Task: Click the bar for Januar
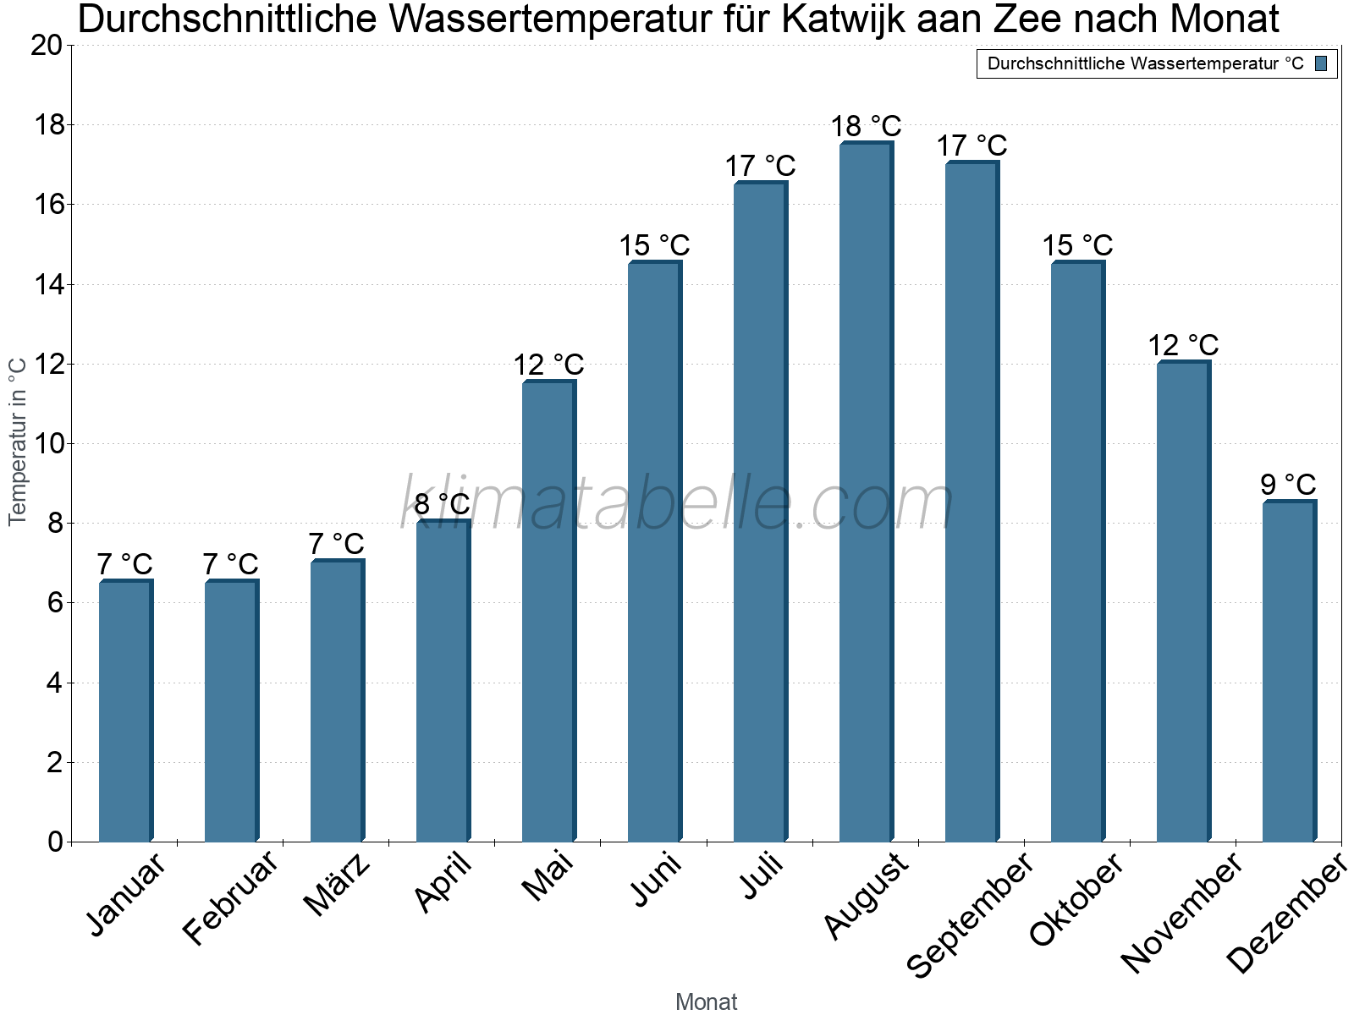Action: point(124,710)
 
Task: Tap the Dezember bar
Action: point(1288,671)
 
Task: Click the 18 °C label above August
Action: point(866,126)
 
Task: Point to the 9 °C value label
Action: point(1288,485)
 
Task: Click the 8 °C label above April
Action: point(442,504)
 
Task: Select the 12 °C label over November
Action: point(1183,345)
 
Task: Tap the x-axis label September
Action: point(970,914)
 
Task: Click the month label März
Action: point(336,885)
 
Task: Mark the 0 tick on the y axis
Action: point(56,842)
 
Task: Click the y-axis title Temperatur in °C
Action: point(18,441)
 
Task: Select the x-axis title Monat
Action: point(706,1001)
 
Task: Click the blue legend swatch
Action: point(1321,63)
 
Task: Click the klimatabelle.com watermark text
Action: point(677,503)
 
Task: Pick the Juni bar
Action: point(653,551)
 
